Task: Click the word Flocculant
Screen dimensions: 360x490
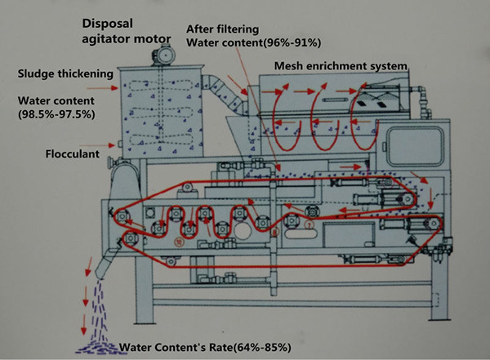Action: (50, 152)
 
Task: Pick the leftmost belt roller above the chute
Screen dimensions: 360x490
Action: (122, 218)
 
